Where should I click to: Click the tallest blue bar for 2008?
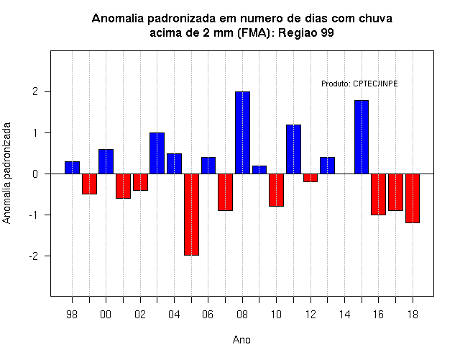242,132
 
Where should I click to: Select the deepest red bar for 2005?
192,215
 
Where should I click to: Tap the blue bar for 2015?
362,137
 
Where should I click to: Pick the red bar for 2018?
413,199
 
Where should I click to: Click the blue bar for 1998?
72,168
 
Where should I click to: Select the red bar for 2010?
276,190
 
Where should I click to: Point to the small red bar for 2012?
310,178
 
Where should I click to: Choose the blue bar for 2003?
157,153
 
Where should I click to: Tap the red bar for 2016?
379,194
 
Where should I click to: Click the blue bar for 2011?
293,149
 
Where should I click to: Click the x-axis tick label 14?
345,315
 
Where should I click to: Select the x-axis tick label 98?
72,315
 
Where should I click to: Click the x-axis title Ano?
241,340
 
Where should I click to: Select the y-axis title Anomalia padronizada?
6,174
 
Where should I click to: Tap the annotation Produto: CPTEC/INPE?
359,84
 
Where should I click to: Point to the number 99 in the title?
328,32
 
